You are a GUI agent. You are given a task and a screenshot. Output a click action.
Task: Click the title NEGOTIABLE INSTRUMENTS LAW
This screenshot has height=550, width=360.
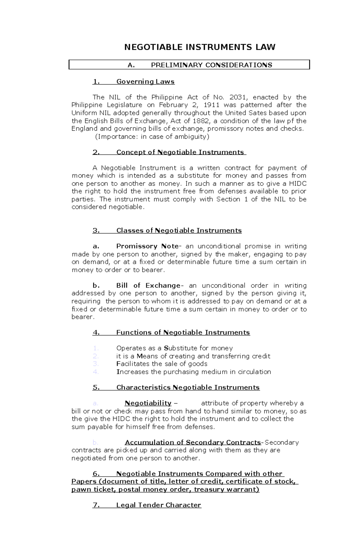click(x=200, y=47)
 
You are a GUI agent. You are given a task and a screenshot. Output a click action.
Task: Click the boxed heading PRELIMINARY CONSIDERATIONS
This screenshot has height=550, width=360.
click(x=211, y=65)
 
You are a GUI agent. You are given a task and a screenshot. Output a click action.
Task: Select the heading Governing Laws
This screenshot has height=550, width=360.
click(x=145, y=82)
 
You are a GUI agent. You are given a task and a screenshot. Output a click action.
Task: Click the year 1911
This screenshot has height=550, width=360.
click(x=211, y=105)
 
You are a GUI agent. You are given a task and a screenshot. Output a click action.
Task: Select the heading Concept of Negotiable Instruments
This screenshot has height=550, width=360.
click(x=180, y=152)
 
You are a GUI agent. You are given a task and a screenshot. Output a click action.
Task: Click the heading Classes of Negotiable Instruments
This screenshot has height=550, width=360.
click(x=179, y=230)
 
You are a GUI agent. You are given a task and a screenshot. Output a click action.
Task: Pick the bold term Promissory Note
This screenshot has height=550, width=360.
click(x=147, y=246)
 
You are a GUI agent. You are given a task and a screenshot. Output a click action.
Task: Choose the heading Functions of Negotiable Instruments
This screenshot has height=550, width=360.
click(x=183, y=332)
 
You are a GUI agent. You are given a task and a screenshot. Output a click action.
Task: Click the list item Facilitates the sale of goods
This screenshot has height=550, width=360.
click(x=162, y=364)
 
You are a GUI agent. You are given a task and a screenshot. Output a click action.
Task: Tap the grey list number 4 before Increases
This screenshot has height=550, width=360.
click(x=96, y=372)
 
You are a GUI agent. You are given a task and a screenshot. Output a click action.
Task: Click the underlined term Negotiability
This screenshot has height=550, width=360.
click(x=148, y=403)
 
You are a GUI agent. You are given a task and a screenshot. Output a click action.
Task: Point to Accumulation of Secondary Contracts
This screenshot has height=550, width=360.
click(x=193, y=442)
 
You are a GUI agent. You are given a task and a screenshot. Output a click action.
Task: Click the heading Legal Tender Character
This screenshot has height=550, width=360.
click(x=158, y=505)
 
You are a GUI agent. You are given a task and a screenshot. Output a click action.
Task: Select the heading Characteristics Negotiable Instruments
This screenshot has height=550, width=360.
click(x=188, y=387)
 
